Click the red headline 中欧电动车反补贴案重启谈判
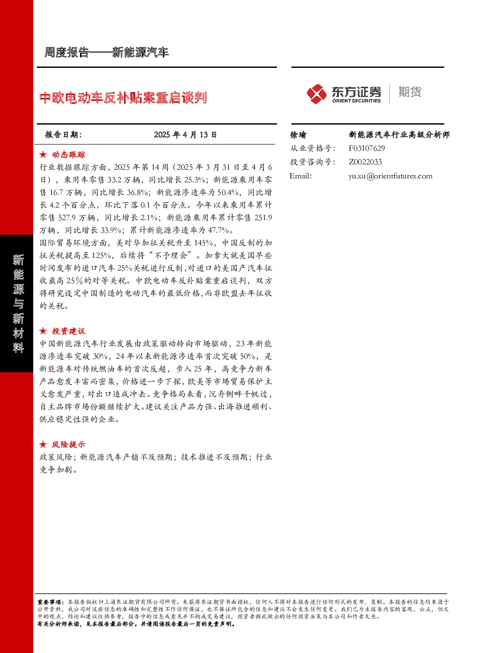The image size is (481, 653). click(x=123, y=97)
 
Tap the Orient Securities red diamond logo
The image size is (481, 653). click(x=316, y=94)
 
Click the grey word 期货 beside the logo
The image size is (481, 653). click(x=410, y=92)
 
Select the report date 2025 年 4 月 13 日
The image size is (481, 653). click(x=185, y=135)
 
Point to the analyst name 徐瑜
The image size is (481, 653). click(x=298, y=135)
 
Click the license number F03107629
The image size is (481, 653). click(x=367, y=148)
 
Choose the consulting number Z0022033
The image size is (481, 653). click(x=365, y=162)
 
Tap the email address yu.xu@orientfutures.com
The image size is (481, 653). click(x=390, y=176)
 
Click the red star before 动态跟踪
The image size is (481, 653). click(x=43, y=155)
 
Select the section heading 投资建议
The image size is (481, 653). click(x=68, y=331)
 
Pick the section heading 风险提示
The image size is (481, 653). click(x=68, y=445)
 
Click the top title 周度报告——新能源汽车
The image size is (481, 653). click(x=106, y=52)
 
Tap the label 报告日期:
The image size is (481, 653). click(x=63, y=135)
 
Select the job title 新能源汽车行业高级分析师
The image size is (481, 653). click(x=399, y=135)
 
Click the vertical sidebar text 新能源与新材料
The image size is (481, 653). click(x=18, y=303)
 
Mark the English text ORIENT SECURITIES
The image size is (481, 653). click(x=356, y=101)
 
